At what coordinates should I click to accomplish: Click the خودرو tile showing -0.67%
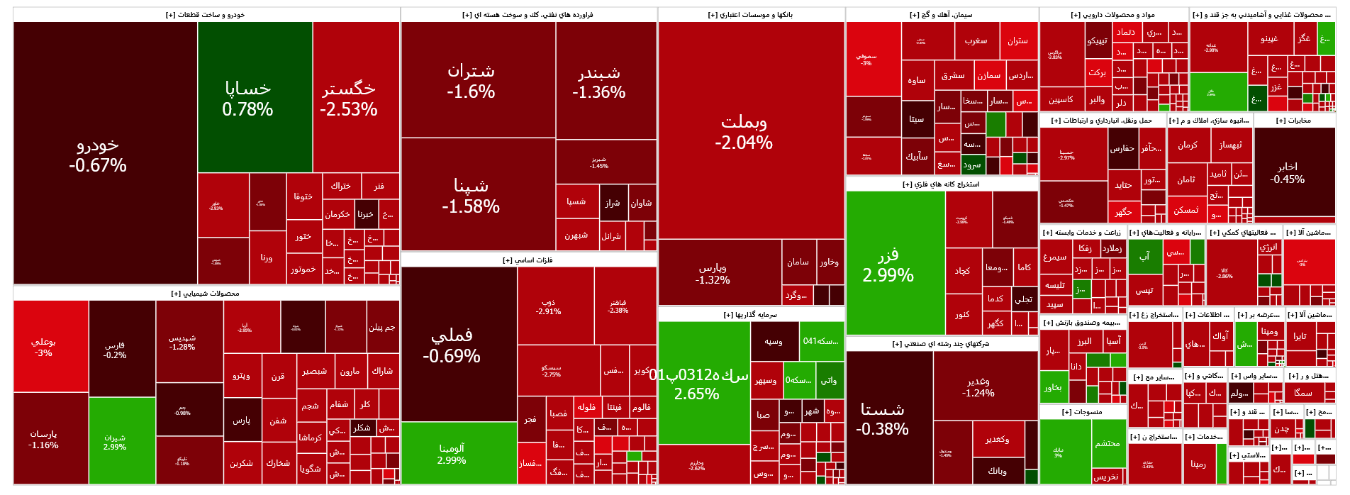98,155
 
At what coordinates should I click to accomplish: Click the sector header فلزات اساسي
528,260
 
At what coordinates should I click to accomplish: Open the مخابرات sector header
1294,121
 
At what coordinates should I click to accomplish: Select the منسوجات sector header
1082,412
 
